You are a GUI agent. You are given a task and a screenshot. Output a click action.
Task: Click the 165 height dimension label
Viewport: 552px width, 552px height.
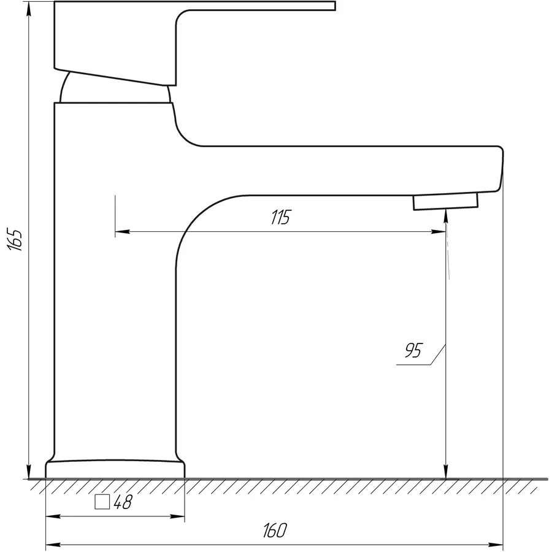pyautogui.click(x=15, y=240)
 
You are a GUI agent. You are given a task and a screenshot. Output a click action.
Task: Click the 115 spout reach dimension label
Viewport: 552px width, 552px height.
pyautogui.click(x=280, y=217)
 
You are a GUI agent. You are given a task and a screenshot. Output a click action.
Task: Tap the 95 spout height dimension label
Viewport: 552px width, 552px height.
pyautogui.click(x=413, y=350)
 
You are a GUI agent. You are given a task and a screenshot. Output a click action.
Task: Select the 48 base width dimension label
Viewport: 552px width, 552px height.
pyautogui.click(x=123, y=502)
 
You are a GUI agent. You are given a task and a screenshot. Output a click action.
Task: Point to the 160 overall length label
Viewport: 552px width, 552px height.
pyautogui.click(x=275, y=531)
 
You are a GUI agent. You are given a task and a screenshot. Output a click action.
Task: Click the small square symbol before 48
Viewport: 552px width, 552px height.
pyautogui.click(x=102, y=502)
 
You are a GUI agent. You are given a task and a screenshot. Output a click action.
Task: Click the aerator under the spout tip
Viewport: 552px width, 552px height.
pyautogui.click(x=446, y=201)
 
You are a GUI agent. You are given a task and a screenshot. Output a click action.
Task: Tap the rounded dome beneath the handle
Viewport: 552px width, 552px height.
pyautogui.click(x=115, y=88)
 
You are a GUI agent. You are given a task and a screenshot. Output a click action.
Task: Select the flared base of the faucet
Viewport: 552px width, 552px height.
pyautogui.click(x=115, y=469)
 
